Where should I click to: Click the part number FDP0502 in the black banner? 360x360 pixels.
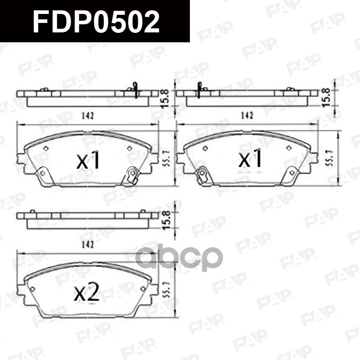coord(96,22)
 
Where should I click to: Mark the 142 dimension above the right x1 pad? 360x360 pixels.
coord(247,116)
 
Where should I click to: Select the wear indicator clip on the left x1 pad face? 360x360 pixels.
coord(132,175)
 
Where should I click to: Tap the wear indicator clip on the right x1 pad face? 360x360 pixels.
coord(202,175)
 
